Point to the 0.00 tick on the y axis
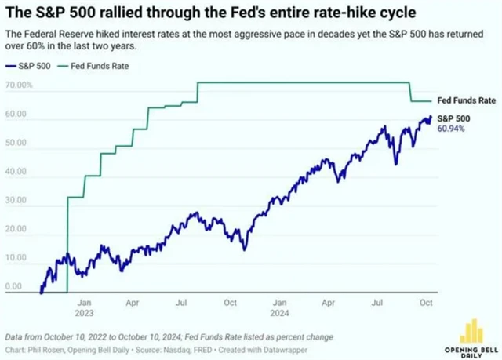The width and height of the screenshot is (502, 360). [13, 287]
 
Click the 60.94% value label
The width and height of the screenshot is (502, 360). [453, 128]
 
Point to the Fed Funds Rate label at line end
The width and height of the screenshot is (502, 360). [466, 101]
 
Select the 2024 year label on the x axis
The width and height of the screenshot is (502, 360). [279, 311]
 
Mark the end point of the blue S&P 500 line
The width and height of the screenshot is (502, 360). [430, 117]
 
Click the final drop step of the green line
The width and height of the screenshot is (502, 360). [413, 92]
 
